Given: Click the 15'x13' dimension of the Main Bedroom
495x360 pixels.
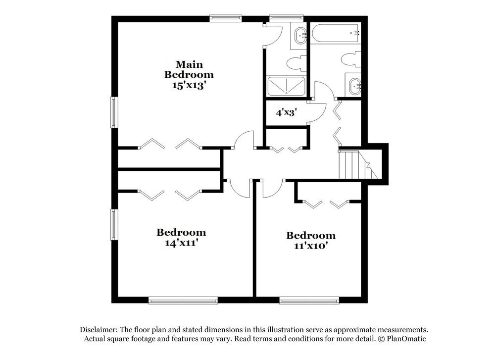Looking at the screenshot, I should tap(189, 85).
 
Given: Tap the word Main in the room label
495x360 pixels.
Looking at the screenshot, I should tap(189, 64).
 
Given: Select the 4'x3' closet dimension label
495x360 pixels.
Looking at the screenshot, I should tap(286, 112).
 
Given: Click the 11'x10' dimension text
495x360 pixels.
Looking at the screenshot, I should tap(310, 246).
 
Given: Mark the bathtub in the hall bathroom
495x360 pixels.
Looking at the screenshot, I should tap(336, 34).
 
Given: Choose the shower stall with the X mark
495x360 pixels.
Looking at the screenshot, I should tap(286, 86).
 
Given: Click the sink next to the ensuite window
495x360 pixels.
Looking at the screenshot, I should tap(300, 36).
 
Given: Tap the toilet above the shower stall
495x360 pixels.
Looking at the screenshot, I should tap(296, 63).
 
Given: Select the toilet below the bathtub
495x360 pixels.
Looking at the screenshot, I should tap(351, 59).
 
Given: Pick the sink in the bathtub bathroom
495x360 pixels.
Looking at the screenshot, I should tap(353, 86).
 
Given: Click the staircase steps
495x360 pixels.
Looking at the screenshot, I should tap(349, 165).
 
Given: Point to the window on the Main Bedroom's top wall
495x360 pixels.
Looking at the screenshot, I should tap(225, 18).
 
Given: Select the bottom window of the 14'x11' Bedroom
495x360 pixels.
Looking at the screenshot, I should tap(183, 300).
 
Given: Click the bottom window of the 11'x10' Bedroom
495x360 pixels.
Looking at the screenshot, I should tap(309, 300).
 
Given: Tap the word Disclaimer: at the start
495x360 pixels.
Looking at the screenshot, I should tap(98, 330).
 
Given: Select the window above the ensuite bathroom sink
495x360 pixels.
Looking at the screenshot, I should tap(286, 18).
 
